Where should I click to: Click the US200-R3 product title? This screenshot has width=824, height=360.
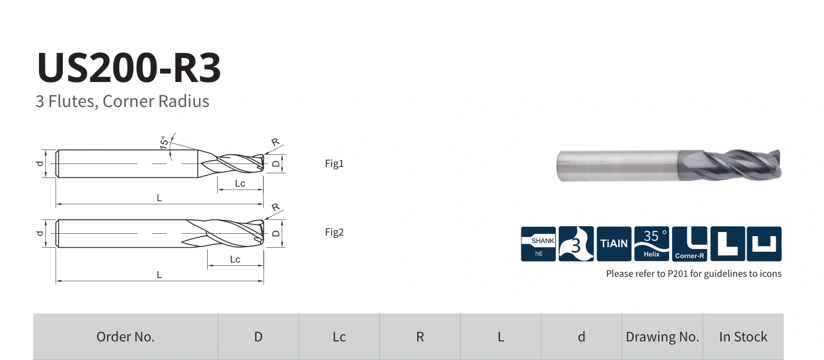tap(129, 67)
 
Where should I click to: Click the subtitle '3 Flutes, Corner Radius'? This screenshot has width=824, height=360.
tap(123, 102)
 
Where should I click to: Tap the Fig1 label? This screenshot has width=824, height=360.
tap(334, 163)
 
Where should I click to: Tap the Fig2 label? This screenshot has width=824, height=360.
tap(334, 232)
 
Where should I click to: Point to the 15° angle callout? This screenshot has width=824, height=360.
tap(164, 142)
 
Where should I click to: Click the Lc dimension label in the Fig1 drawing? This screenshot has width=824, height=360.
tap(240, 184)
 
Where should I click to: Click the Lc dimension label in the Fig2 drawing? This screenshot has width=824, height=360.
tap(235, 259)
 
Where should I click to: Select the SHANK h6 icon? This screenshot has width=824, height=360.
tap(538, 244)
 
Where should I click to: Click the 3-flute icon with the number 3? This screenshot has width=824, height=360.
tap(576, 244)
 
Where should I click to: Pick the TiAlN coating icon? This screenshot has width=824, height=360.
tap(614, 244)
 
